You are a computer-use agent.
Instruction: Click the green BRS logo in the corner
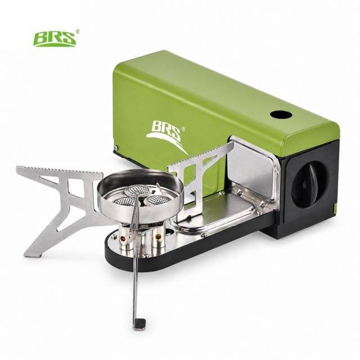[55, 39]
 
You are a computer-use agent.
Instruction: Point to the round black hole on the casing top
[281, 114]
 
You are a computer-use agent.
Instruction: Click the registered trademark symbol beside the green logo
[78, 31]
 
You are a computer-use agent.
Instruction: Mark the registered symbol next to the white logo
[183, 129]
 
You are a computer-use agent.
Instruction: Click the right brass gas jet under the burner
[157, 236]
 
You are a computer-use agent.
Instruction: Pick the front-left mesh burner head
[121, 202]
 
